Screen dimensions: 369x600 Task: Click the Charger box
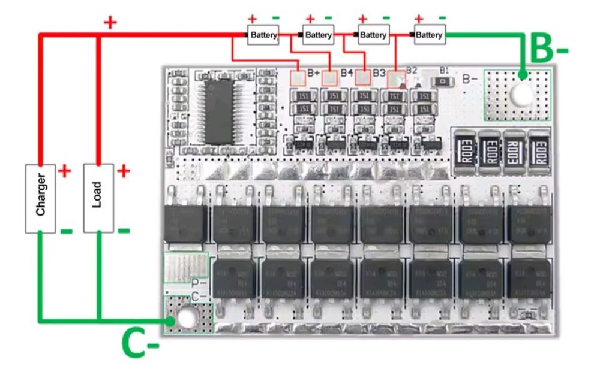(x=40, y=197)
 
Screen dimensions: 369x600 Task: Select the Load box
(x=97, y=197)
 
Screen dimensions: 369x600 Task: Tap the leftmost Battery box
(x=263, y=35)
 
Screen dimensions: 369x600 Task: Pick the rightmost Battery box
(x=429, y=35)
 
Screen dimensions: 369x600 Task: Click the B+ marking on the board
(x=314, y=73)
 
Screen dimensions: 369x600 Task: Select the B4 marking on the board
(x=347, y=73)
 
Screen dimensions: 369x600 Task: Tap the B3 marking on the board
(x=379, y=73)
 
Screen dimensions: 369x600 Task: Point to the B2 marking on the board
(x=412, y=70)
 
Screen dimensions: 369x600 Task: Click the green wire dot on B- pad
(x=523, y=76)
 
